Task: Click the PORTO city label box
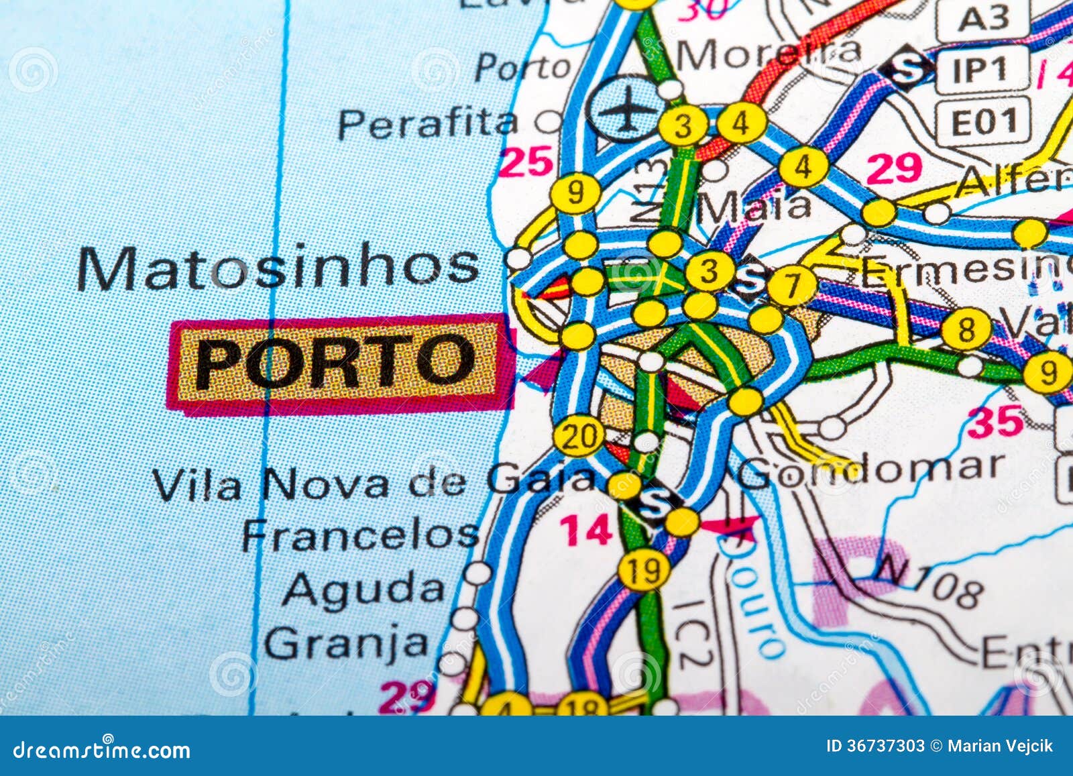335,363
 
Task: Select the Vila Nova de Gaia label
373,482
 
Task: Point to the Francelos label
360,536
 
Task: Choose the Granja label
346,643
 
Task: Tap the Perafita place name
428,124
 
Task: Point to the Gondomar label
871,469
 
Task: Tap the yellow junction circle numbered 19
644,571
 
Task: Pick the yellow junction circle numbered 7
793,286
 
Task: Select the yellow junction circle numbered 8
966,330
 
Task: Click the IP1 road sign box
980,69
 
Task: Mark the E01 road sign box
982,121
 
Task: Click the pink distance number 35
997,421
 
